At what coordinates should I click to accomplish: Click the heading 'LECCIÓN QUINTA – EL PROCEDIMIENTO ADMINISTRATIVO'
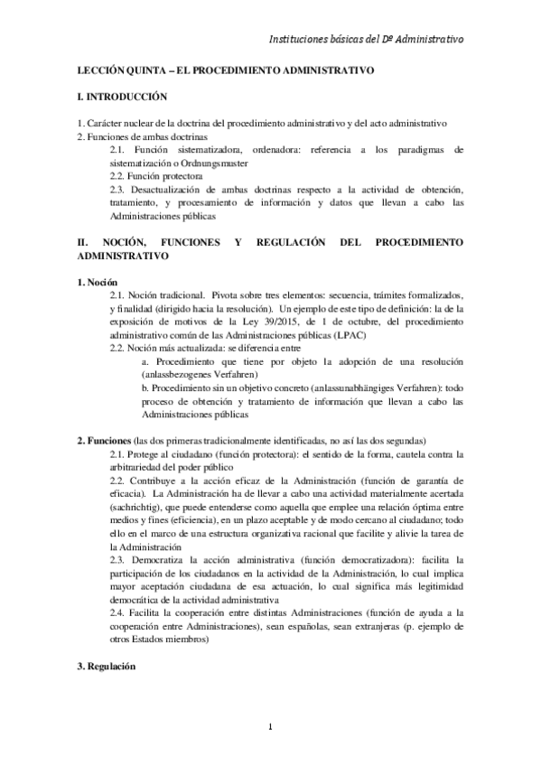[226, 70]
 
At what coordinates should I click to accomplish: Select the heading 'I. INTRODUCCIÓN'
[123, 97]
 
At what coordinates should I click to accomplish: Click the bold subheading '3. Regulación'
[107, 667]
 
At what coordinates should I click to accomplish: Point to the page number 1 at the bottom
[270, 728]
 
